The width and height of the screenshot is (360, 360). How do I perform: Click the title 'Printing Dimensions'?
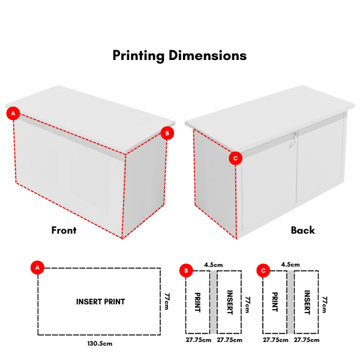pyautogui.click(x=179, y=56)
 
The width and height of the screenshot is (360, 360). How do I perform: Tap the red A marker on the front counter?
pyautogui.click(x=13, y=113)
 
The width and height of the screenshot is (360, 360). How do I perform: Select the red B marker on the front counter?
pyautogui.click(x=167, y=133)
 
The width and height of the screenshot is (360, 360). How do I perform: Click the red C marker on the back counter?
pyautogui.click(x=235, y=158)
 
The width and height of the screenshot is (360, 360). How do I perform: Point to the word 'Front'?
pyautogui.click(x=64, y=230)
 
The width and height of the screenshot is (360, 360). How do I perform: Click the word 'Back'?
pyautogui.click(x=303, y=230)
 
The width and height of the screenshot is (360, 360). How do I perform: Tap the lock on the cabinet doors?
pyautogui.click(x=293, y=140)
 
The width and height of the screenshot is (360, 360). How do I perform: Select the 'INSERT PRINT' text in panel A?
pyautogui.click(x=101, y=301)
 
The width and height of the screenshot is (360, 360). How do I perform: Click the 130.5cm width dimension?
pyautogui.click(x=100, y=343)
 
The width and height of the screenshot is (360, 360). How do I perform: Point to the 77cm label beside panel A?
pyautogui.click(x=167, y=301)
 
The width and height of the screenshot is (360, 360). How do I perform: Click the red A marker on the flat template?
pyautogui.click(x=37, y=268)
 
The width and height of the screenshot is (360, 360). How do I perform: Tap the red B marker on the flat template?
pyautogui.click(x=186, y=271)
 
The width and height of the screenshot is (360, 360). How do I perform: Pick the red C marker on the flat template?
pyautogui.click(x=263, y=271)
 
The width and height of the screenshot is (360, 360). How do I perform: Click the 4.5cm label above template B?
pyautogui.click(x=213, y=265)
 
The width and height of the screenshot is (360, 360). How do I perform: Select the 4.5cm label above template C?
pyautogui.click(x=290, y=265)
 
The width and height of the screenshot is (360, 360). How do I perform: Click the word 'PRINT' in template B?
pyautogui.click(x=197, y=302)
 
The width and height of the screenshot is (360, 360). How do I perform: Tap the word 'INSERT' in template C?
pyautogui.click(x=307, y=302)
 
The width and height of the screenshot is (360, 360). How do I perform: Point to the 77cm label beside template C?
pyautogui.click(x=325, y=304)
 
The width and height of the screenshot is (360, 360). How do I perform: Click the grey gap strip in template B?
pyautogui.click(x=213, y=302)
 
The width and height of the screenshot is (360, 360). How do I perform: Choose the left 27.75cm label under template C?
pyautogui.click(x=275, y=340)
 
